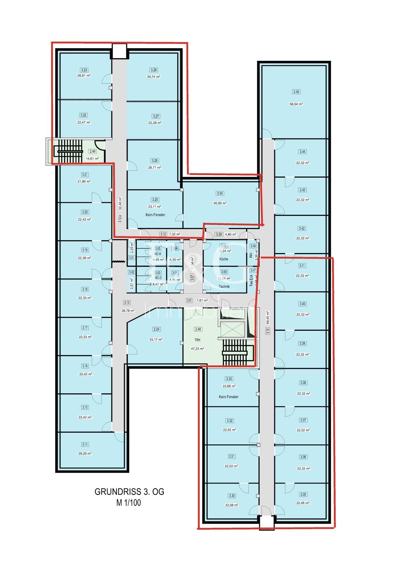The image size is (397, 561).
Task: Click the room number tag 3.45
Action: tap(296, 92)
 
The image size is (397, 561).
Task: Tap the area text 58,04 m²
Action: tap(296, 104)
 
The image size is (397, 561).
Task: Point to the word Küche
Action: tap(224, 259)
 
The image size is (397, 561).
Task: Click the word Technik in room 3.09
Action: tap(224, 287)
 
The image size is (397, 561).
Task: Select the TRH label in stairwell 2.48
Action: tap(198, 340)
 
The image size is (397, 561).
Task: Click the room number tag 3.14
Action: tap(85, 444)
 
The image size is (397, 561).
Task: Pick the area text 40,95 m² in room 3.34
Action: tap(220, 203)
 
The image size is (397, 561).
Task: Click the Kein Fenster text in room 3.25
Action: tap(155, 215)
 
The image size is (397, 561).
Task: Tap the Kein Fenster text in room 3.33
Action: tap(229, 397)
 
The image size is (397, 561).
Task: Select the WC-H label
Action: tap(158, 254)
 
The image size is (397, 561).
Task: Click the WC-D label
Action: tap(158, 278)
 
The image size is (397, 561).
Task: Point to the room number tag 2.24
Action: tap(156, 329)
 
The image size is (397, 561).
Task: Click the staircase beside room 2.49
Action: tap(69, 151)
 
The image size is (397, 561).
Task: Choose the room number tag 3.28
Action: tap(153, 70)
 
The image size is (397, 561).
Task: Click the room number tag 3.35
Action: tap(303, 495)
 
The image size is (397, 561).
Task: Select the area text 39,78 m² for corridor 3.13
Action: tap(128, 311)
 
